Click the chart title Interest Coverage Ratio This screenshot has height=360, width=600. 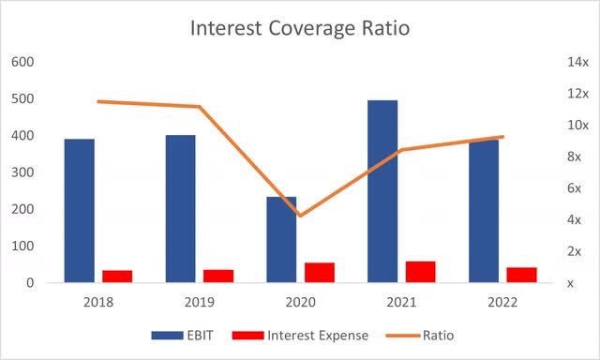tap(300, 28)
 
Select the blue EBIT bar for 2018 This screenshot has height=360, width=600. tap(80, 211)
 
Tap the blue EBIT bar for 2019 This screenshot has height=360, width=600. tap(181, 209)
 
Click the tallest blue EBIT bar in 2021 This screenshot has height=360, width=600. tap(382, 191)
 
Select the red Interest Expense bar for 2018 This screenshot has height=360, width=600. tap(117, 277)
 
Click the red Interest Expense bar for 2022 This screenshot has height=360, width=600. tap(521, 275)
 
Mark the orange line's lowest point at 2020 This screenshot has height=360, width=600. tap(300, 216)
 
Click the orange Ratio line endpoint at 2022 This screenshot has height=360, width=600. tap(503, 137)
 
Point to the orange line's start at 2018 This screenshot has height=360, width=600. tap(98, 101)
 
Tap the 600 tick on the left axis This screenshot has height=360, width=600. tap(23, 62)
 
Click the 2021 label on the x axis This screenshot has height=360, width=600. tap(401, 302)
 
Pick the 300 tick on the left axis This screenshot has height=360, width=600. tap(23, 172)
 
